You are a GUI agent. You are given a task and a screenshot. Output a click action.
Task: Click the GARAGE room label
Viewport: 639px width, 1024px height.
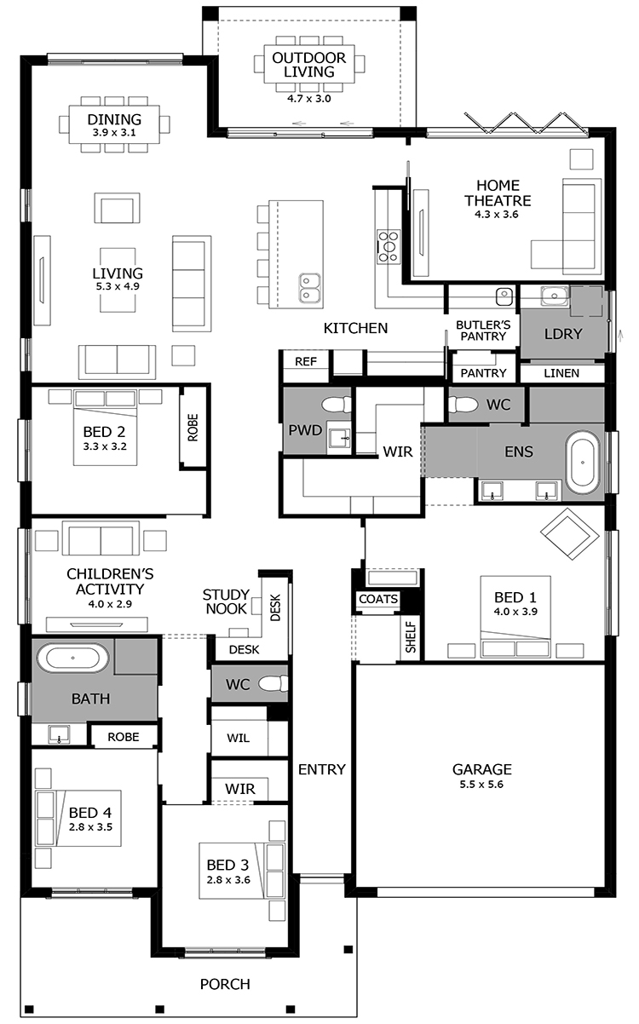tap(481, 769)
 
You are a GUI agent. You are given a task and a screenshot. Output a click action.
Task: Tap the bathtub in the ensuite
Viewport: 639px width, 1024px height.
tap(582, 463)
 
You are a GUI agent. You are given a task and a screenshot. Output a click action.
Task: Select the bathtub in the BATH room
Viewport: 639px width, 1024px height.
tap(73, 658)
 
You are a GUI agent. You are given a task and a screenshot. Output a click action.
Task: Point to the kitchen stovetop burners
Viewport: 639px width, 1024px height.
tap(388, 247)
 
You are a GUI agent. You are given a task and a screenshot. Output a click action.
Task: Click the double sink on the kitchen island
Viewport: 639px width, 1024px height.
tap(310, 289)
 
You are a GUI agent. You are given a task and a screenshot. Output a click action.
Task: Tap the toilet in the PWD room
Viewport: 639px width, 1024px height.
tap(337, 405)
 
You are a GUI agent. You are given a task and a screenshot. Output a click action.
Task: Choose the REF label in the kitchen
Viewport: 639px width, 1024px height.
tap(305, 361)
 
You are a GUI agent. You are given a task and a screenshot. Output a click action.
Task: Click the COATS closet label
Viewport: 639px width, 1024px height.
tap(378, 599)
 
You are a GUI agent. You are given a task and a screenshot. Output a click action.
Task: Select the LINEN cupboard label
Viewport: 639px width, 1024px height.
tap(561, 373)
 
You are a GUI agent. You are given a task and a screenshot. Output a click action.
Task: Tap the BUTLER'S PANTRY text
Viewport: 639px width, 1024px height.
tap(483, 331)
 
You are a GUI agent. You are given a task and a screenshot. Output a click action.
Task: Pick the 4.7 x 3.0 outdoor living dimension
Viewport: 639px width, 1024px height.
tap(309, 99)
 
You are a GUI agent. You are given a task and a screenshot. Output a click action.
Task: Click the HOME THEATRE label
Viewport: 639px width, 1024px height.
tap(498, 193)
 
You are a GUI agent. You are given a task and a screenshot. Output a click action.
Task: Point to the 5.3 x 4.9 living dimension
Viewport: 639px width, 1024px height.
tap(118, 286)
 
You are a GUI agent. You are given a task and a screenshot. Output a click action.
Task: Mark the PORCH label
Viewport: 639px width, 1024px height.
tap(225, 984)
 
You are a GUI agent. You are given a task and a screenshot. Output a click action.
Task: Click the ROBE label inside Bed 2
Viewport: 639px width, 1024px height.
tap(193, 428)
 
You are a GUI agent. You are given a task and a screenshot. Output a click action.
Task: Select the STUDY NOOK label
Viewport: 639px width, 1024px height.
tap(227, 601)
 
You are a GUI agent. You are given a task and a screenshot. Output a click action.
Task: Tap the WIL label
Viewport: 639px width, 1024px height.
tap(239, 738)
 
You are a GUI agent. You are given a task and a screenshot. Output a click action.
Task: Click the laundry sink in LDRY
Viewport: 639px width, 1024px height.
tap(554, 296)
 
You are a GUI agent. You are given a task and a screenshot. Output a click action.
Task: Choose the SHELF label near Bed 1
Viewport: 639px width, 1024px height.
tap(411, 636)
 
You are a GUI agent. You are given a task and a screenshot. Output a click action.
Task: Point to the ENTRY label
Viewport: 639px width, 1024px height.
tap(322, 769)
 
